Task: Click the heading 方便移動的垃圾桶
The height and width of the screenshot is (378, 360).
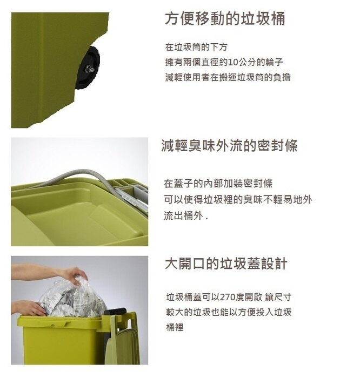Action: tap(225, 19)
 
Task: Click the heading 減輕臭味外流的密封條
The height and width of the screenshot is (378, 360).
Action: tap(229, 146)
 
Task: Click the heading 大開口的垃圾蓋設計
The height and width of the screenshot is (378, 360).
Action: tap(226, 264)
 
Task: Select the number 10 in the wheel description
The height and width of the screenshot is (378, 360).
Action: tap(234, 62)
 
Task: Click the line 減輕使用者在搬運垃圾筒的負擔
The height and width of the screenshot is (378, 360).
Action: tap(228, 77)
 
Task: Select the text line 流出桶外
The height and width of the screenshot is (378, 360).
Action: tap(185, 215)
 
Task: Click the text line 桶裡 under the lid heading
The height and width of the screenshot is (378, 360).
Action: tap(174, 327)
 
